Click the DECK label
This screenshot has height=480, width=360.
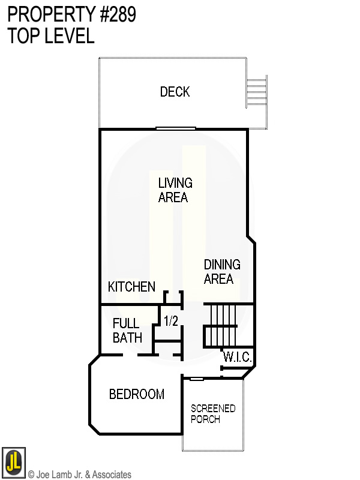175,92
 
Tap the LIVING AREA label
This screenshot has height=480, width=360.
175,190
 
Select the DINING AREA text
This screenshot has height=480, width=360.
221,272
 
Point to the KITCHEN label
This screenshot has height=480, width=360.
131,287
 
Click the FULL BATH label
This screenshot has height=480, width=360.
127,331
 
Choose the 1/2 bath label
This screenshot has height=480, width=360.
171,322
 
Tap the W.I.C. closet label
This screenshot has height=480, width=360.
238,357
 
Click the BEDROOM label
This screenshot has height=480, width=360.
136,394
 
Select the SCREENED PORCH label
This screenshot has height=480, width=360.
213,414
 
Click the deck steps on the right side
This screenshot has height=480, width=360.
256,92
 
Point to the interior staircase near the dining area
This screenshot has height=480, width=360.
221,325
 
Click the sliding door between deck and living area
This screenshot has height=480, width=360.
176,128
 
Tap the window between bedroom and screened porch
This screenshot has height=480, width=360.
196,379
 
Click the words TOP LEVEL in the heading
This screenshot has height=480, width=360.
51,36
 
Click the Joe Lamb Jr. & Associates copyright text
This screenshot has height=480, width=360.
79,475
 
